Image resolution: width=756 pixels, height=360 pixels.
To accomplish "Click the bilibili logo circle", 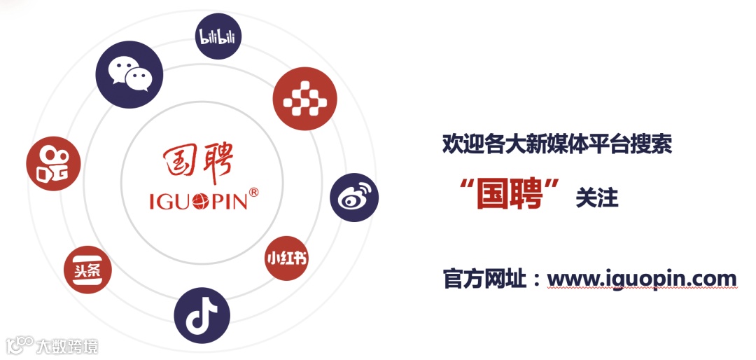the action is [x=217, y=36].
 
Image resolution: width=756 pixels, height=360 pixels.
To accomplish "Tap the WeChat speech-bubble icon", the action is [x=129, y=74].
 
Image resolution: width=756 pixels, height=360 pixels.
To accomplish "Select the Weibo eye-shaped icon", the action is [x=354, y=198].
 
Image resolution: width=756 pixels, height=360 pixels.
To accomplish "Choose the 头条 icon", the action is [x=87, y=269].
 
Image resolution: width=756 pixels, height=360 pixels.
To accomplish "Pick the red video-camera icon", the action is [x=53, y=164].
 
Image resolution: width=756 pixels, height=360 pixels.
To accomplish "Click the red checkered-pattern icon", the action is [x=304, y=100].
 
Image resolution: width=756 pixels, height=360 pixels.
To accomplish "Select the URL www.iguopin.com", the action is [x=641, y=278].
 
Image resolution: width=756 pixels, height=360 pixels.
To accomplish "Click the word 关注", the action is [x=596, y=198].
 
